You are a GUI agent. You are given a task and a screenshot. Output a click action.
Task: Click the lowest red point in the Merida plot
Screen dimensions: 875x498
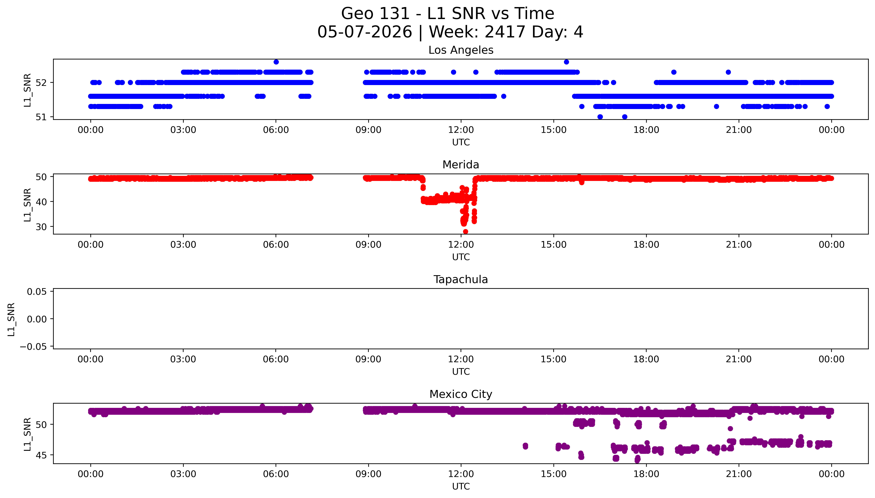pos(465,232)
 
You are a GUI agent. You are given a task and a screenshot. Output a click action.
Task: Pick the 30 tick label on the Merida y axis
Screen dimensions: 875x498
pos(41,227)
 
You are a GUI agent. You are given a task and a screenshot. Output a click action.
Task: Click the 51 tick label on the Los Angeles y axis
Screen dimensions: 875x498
pos(41,117)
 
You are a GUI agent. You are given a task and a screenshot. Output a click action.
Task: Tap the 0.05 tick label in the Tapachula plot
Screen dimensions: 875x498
pos(37,292)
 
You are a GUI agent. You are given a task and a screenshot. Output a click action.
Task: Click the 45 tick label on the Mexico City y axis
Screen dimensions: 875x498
pos(41,455)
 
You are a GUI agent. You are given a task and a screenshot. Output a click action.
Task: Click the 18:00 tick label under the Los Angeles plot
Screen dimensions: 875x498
pos(646,130)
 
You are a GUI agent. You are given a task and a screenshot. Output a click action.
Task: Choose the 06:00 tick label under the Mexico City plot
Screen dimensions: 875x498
pos(276,474)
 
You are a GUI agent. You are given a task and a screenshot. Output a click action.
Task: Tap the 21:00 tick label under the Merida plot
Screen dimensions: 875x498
pos(739,244)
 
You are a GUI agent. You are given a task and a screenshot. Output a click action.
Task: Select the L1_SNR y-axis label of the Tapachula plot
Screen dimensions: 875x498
pos(11,319)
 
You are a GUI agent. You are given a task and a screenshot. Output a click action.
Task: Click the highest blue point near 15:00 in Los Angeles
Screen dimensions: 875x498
pos(566,62)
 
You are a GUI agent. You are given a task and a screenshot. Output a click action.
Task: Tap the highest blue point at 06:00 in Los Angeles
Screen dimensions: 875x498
pos(276,62)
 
